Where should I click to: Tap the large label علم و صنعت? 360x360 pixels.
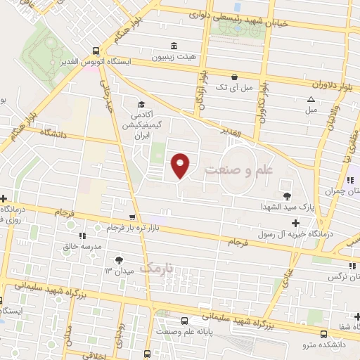(238, 170)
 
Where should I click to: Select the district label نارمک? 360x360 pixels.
(155, 268)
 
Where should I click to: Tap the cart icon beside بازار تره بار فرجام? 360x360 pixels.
(132, 217)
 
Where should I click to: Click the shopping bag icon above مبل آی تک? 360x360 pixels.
(234, 77)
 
